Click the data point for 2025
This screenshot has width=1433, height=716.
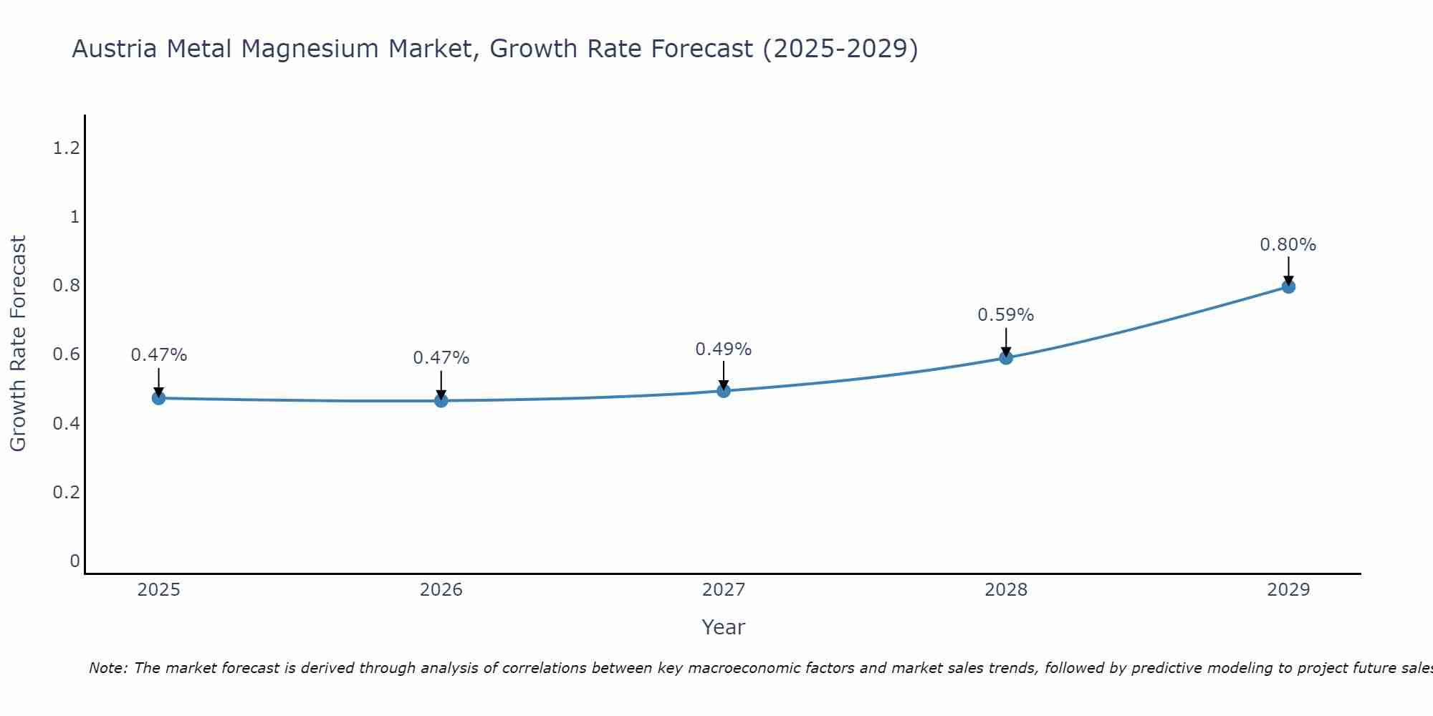158,398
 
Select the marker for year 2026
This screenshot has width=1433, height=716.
441,400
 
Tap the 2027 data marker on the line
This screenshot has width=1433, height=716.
724,391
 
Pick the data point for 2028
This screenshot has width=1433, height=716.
1006,357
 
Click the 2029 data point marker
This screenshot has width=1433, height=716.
1288,286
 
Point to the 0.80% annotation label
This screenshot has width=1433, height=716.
1288,245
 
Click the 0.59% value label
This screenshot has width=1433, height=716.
1005,315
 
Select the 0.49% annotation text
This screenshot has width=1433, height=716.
723,349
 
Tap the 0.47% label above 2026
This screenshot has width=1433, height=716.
441,358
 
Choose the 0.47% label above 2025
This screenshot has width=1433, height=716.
158,355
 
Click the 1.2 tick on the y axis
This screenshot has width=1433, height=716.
66,148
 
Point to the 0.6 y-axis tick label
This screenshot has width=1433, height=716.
66,354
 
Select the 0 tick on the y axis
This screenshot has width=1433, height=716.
75,561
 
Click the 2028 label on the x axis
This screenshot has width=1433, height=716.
1005,590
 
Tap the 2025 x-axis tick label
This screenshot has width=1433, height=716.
158,590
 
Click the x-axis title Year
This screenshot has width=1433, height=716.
723,627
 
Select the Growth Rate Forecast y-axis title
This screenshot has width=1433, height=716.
18,344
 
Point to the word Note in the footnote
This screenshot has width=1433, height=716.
107,668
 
